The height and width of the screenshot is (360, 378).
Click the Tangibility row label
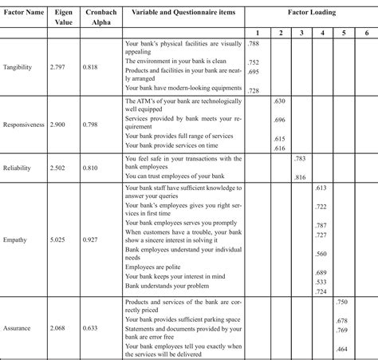[x=22, y=69]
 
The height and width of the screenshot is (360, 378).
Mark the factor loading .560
[x=321, y=253]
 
